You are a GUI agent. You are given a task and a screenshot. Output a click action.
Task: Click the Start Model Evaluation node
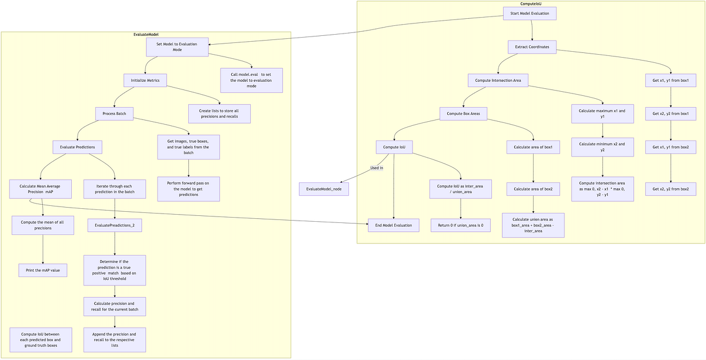529,14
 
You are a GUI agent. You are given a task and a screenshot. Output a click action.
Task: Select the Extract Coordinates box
532,47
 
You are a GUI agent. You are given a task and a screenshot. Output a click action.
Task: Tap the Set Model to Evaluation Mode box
177,47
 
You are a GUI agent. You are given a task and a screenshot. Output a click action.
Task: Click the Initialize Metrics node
145,81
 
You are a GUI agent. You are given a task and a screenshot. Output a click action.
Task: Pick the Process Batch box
115,114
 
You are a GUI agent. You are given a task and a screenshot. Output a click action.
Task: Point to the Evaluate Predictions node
77,147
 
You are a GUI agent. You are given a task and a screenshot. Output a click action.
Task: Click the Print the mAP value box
42,270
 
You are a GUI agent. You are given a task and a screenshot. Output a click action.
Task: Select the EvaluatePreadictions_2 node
115,225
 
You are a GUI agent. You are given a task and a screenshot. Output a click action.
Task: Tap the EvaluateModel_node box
324,189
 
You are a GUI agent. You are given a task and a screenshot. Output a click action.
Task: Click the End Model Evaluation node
394,225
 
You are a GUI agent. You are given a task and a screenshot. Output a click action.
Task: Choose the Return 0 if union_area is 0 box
461,225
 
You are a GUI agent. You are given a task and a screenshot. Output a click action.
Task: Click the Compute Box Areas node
464,114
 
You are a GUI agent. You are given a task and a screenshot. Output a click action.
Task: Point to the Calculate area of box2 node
533,189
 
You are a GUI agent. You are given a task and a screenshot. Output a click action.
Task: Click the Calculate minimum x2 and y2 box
602,147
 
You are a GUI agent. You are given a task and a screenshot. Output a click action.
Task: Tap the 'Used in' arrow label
377,168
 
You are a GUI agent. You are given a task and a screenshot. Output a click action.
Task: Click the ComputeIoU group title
531,4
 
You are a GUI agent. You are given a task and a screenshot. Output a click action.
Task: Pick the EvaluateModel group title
146,35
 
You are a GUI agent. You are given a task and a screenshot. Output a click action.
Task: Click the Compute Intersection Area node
498,81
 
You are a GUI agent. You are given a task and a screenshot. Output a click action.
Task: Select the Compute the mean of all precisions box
42,225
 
